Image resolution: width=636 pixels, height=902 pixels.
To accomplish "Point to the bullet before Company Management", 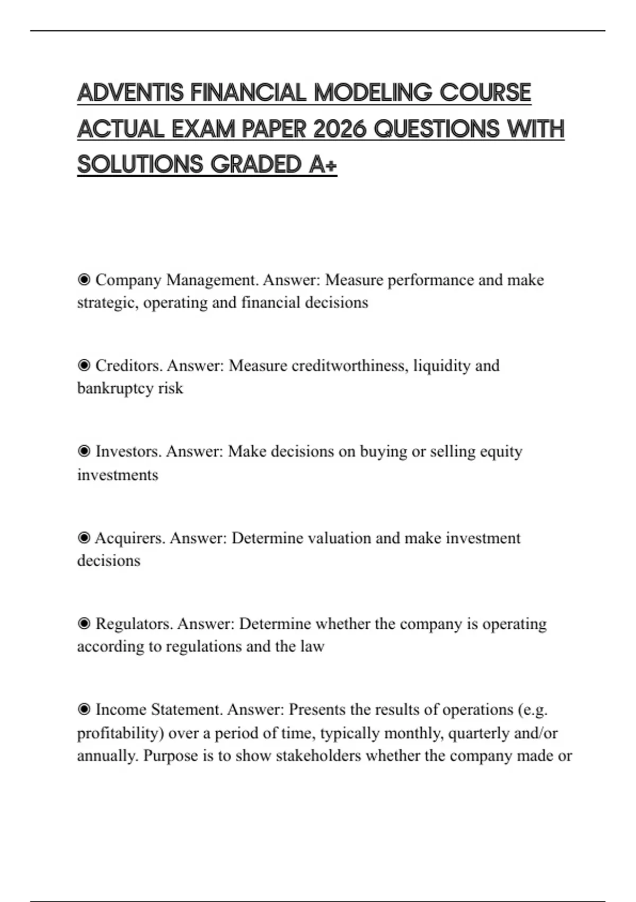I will [x=84, y=280].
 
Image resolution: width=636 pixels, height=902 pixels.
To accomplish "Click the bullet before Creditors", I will [x=84, y=366].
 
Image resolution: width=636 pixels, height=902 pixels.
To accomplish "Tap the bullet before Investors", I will [x=84, y=452].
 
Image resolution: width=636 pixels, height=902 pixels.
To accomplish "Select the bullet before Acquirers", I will [x=84, y=538].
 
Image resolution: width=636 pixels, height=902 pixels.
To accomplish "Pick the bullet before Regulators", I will [x=84, y=624].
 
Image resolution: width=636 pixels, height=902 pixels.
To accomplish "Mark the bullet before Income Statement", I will [x=84, y=710].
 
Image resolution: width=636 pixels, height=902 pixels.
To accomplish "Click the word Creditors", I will [x=129, y=366].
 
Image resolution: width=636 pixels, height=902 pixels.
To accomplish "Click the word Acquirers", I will [x=129, y=538].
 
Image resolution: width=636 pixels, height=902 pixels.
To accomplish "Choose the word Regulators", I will [x=134, y=624].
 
